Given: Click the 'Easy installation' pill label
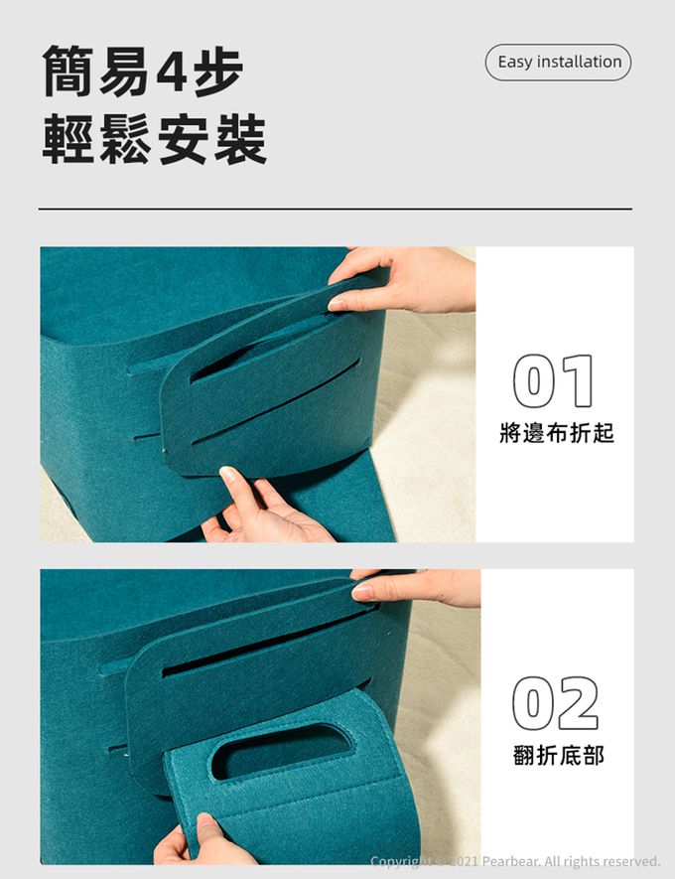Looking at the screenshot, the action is (x=559, y=63).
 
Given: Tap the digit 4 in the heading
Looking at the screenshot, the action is (x=172, y=72).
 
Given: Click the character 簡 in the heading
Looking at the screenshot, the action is (x=67, y=72).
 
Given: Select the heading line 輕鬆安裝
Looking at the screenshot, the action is (x=155, y=139).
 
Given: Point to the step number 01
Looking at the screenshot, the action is (x=553, y=381).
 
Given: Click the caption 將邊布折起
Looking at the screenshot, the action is (x=557, y=433).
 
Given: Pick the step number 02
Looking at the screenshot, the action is (x=555, y=703).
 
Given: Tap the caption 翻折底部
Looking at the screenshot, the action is (x=559, y=755).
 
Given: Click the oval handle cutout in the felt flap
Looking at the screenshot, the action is (x=281, y=750).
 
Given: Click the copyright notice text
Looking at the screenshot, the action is (x=515, y=860).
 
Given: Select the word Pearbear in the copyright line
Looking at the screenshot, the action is (x=511, y=860).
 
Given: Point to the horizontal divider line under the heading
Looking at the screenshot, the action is (x=335, y=210).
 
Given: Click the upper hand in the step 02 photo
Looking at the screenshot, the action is (x=417, y=587).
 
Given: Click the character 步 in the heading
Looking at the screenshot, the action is (x=218, y=72).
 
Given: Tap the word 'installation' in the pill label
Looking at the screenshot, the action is (x=580, y=62).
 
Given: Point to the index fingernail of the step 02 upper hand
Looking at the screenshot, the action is (x=362, y=591).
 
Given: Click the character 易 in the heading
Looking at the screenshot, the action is (x=124, y=72).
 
